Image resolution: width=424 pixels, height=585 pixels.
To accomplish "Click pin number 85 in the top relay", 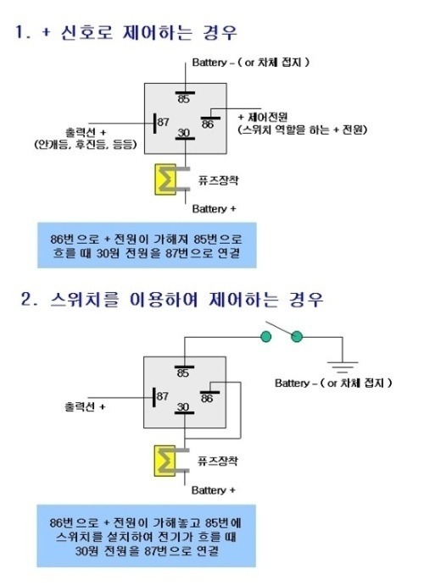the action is (x=184, y=99).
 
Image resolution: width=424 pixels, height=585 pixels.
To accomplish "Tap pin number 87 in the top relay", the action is (x=163, y=122).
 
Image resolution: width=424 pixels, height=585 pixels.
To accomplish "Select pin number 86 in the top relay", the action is (x=208, y=124).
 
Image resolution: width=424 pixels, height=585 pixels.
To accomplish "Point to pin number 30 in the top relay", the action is (x=184, y=133).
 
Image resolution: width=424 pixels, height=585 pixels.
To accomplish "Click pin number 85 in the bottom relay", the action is (x=183, y=373).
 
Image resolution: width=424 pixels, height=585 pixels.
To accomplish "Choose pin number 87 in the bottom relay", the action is (x=163, y=396).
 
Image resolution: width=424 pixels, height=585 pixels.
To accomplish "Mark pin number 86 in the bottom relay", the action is (x=207, y=398).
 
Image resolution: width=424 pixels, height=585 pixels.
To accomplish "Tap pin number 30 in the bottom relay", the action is (x=183, y=406).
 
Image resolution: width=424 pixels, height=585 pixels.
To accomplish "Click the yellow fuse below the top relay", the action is (x=165, y=179).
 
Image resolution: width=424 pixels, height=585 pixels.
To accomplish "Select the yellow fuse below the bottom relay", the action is (x=165, y=461).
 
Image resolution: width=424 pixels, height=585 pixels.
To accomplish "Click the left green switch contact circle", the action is (x=265, y=337).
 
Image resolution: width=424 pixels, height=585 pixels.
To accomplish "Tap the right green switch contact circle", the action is (x=297, y=337).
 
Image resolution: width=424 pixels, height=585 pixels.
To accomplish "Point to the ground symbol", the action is (x=343, y=367).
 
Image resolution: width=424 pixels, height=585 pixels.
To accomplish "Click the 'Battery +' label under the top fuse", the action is (x=214, y=208).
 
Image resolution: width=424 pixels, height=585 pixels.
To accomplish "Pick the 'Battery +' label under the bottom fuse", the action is (x=214, y=490).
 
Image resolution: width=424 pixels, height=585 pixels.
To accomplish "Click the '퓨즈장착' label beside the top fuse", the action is (x=218, y=180).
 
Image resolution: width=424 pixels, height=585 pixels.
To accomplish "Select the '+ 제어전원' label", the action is (x=263, y=117).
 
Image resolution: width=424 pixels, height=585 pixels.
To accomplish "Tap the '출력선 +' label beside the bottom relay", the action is (x=85, y=406).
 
